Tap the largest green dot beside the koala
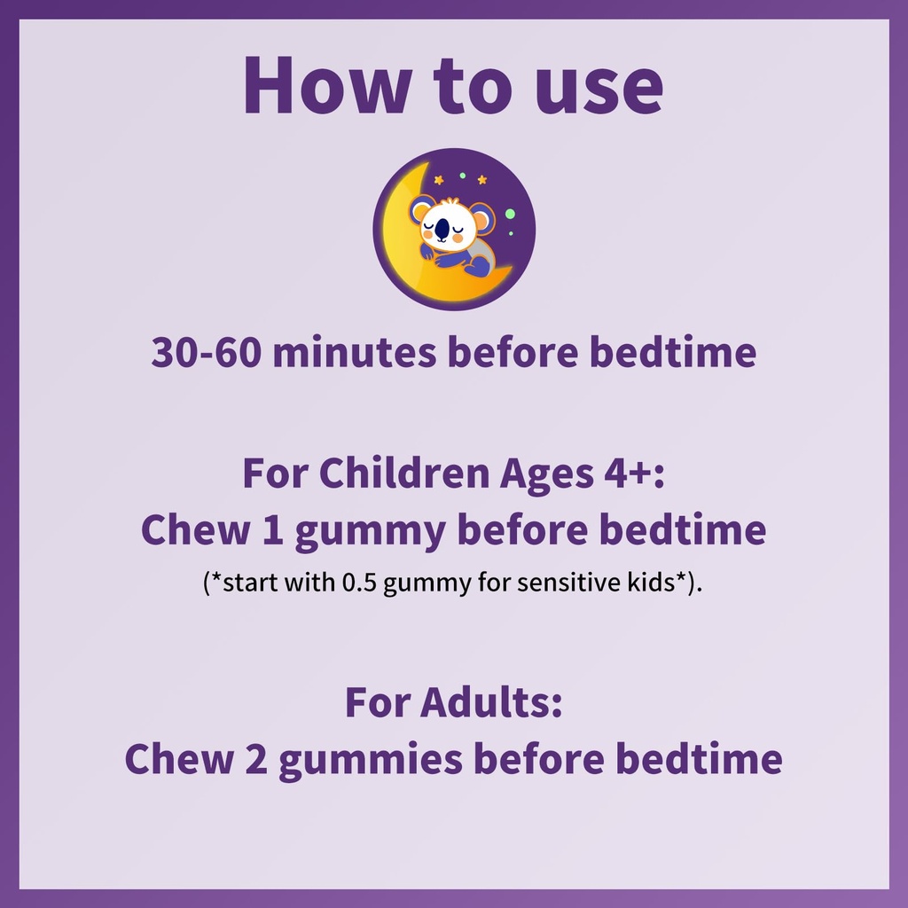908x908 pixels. coord(509,212)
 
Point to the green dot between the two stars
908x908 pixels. coord(462,176)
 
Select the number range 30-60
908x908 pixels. coord(206,352)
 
